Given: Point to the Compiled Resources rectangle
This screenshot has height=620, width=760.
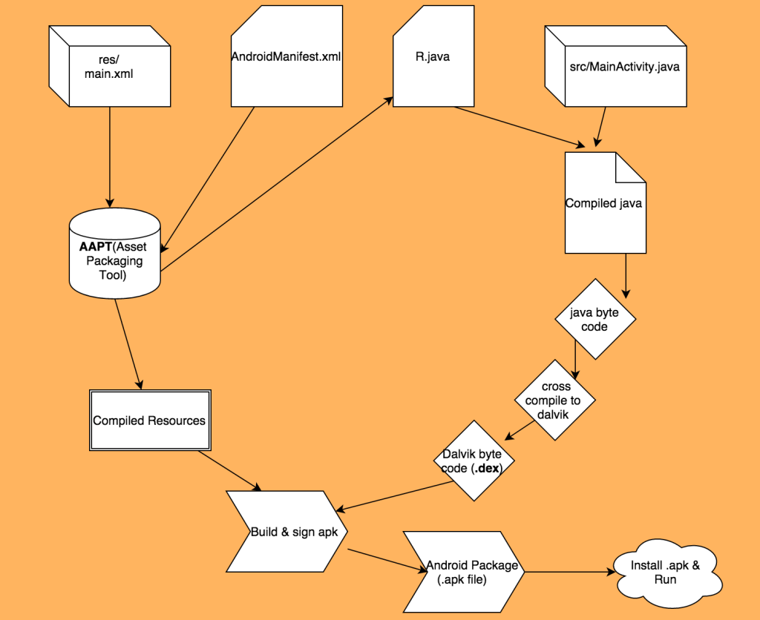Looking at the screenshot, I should (x=148, y=420).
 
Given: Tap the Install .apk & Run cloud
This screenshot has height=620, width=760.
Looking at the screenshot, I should (x=665, y=573).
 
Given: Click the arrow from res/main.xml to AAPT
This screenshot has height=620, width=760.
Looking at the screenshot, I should (x=110, y=156).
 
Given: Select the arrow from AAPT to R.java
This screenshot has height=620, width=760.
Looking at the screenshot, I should (x=275, y=185).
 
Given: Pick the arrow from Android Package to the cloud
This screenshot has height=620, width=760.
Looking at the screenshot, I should (x=568, y=573).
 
